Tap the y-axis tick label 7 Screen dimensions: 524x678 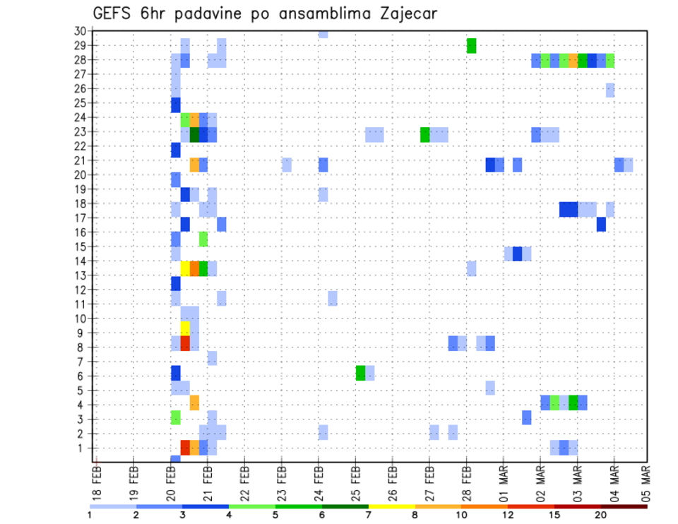coord(82,362)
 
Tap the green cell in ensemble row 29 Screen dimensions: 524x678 coord(471,45)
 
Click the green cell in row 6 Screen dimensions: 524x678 coord(360,373)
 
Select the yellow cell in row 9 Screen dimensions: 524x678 coord(185,328)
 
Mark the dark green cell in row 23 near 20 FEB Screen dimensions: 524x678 coord(194,134)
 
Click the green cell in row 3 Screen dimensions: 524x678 coord(176,417)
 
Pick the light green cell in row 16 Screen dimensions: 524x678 coord(203,239)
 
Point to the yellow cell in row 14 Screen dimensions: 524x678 coord(185,268)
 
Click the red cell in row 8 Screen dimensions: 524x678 coord(185,343)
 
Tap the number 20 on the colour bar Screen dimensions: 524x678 coord(601,514)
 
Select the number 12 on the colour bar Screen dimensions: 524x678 coord(508,514)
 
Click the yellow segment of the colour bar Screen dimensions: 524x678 coord(391,506)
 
